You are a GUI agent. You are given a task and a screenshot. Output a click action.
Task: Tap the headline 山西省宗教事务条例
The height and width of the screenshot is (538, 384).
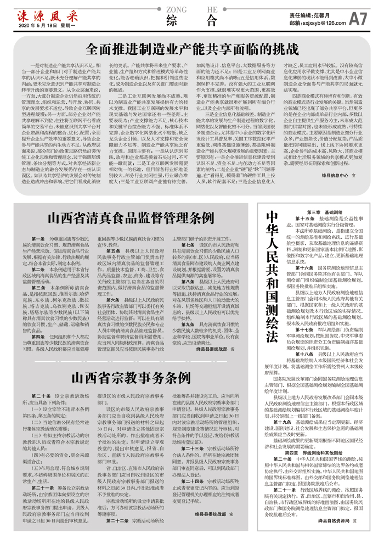[131, 377]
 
